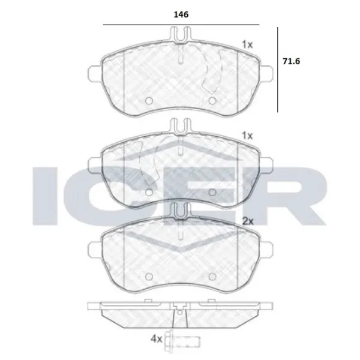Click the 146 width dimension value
tap(181, 14)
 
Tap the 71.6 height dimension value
tap(291, 61)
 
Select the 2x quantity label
tap(248, 221)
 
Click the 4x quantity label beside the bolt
tap(157, 338)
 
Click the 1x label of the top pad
tap(247, 44)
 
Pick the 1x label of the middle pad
tap(247, 136)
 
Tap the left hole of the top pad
tap(149, 101)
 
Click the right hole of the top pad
tap(212, 101)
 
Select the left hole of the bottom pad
tap(149, 277)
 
